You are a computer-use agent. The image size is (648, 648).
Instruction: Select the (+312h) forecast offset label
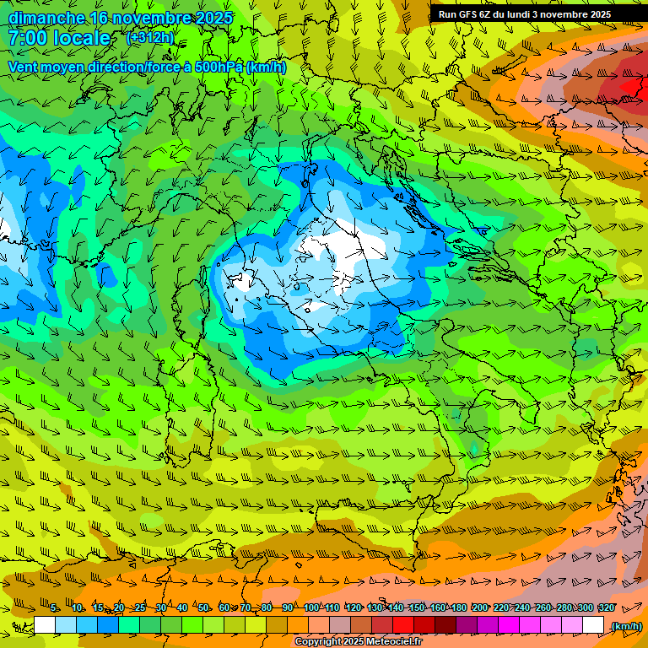click(149, 38)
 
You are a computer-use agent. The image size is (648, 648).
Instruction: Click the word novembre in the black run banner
click(561, 14)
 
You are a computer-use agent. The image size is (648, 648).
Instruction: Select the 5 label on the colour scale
click(55, 608)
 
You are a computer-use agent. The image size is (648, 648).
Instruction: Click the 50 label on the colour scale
click(203, 608)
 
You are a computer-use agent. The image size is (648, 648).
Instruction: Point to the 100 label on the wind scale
click(311, 608)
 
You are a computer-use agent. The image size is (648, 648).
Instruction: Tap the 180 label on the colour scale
click(458, 608)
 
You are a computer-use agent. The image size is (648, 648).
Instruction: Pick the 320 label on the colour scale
click(606, 608)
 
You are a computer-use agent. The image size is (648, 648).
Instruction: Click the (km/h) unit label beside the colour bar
click(626, 626)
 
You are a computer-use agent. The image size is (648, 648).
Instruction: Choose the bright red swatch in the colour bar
click(403, 625)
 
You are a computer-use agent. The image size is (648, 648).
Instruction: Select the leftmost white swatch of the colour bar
click(45, 625)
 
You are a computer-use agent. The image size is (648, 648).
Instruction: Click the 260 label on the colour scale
click(543, 608)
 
